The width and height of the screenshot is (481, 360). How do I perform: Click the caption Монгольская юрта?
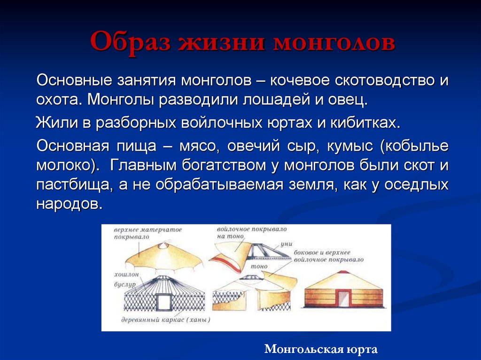coord(321,349)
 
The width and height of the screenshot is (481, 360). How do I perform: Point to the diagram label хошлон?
coord(125,274)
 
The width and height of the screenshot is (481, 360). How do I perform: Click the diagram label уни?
coord(286,244)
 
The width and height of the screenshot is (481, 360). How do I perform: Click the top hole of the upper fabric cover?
coord(163,245)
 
